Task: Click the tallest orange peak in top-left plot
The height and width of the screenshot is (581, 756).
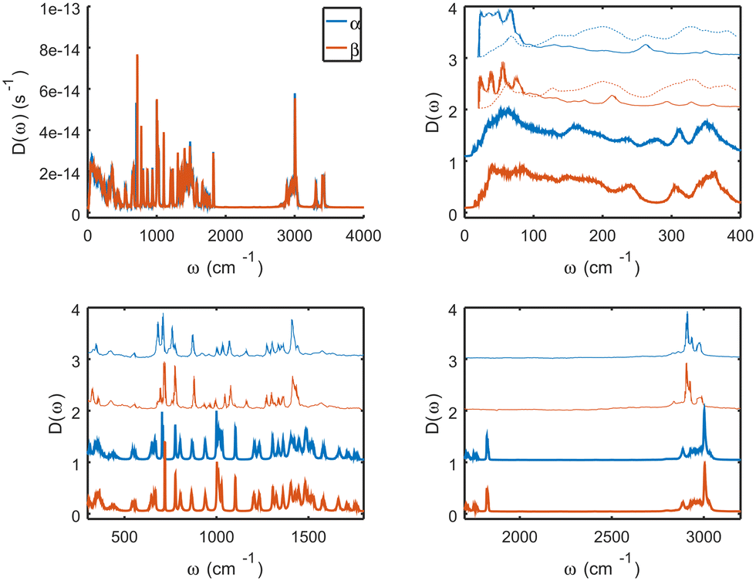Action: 137,56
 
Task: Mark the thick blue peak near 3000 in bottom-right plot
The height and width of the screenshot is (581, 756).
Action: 704,409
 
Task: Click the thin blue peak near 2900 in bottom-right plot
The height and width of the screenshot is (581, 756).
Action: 687,313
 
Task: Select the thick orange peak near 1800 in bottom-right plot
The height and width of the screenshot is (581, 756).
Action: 487,488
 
